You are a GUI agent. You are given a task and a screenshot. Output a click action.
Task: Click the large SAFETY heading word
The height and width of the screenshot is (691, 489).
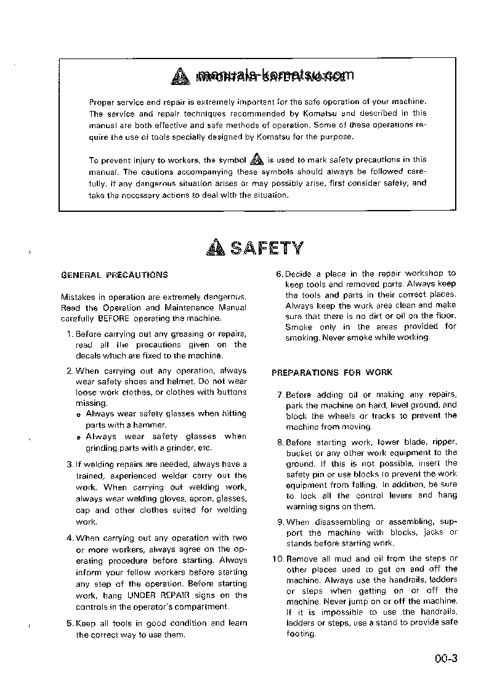point(267,248)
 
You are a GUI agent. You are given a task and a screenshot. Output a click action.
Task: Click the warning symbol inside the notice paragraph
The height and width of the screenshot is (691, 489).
point(256,160)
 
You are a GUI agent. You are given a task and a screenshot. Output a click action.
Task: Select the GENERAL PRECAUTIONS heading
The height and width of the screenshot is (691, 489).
point(114,275)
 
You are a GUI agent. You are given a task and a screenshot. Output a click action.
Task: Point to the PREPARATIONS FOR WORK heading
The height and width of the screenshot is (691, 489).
point(332,373)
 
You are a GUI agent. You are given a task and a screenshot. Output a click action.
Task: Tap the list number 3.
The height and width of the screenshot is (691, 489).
point(69,464)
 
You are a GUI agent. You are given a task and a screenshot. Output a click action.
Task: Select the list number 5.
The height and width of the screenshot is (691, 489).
point(69,623)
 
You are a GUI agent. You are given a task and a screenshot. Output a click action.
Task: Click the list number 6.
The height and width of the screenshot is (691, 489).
point(278,273)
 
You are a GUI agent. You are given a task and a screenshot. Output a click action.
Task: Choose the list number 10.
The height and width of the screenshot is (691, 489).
point(277,559)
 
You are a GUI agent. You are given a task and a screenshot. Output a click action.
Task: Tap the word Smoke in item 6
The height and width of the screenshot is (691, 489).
point(299,327)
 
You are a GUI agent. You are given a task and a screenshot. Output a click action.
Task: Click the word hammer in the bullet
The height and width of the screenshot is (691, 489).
point(153,425)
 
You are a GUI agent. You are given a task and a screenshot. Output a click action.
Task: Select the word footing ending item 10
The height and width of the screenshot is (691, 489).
point(301,634)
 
